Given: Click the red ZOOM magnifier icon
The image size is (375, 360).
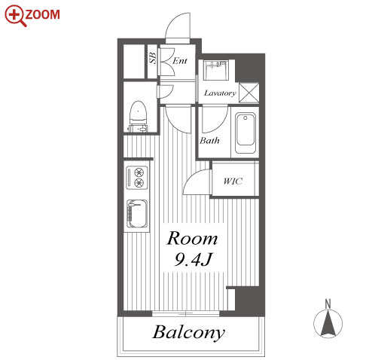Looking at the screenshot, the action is point(16,16).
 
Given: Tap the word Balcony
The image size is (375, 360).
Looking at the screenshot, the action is point(188,332).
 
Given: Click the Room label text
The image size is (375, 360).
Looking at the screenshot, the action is point(192,238).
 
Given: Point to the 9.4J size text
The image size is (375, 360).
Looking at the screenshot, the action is point(193,259).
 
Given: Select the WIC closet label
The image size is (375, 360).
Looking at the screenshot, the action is point(233,181).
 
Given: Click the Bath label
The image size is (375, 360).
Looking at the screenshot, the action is point(209,140).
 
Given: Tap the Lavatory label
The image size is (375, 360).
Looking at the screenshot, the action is point(220,93).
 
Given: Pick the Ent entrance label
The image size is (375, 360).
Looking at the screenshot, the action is point(180,61).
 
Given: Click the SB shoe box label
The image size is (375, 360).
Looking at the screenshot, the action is point(153,58).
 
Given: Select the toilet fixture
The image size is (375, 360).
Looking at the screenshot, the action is point(138,116).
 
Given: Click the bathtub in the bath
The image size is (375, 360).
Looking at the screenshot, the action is point(245,133).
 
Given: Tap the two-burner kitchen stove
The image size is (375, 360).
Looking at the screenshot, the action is point(137,178).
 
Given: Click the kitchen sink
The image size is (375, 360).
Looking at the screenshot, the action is point(137,213).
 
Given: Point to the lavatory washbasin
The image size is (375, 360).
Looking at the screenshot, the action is point(216,70).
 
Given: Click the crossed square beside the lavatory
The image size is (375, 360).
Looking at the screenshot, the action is point(248,93).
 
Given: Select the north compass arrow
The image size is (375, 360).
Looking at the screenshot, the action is point(328,323).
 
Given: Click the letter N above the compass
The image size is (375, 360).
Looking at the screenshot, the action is point(328,304).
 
